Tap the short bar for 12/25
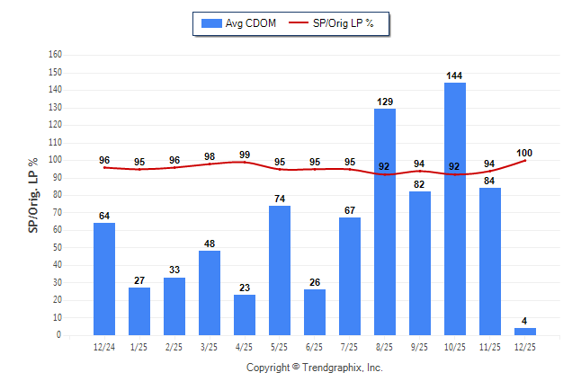click(525, 332)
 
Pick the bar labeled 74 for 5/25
click(280, 270)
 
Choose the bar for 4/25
click(245, 315)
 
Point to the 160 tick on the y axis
click(55, 55)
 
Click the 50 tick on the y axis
click(58, 247)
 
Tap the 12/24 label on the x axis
click(104, 346)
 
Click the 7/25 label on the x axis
click(350, 346)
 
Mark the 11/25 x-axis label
click(490, 346)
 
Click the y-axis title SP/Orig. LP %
click(33, 193)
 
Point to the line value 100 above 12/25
click(525, 153)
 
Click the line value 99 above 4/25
click(245, 155)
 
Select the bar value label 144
click(454, 75)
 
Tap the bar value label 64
click(104, 216)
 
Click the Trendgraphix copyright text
click(315, 368)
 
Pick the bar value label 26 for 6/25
click(315, 282)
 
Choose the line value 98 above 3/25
click(210, 156)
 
